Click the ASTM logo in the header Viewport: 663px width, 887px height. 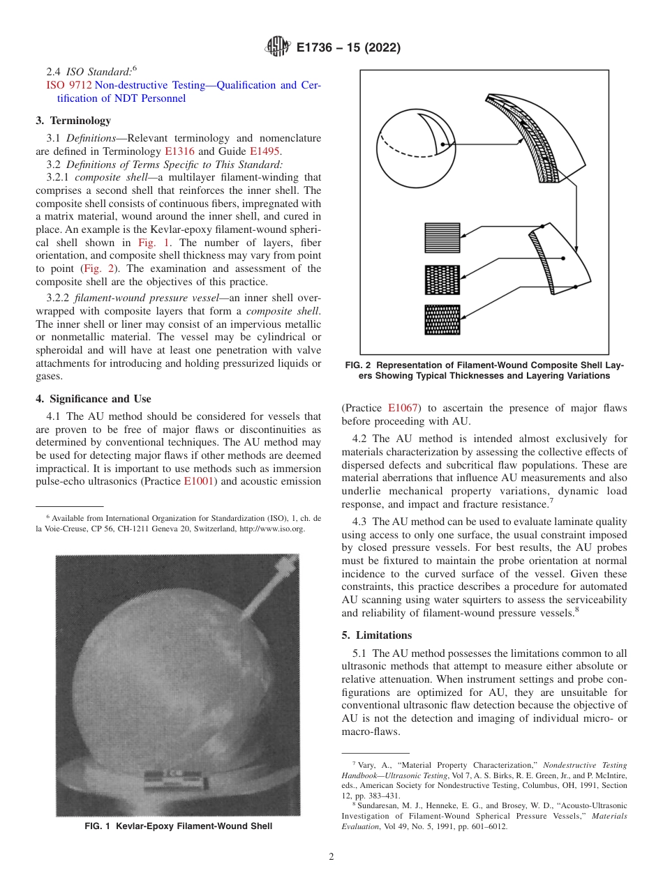pos(277,47)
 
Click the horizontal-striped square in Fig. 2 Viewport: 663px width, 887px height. pos(442,237)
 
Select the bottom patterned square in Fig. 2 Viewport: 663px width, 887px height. pos(442,320)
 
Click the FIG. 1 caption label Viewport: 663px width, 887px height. pos(100,826)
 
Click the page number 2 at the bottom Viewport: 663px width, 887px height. pos(331,857)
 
